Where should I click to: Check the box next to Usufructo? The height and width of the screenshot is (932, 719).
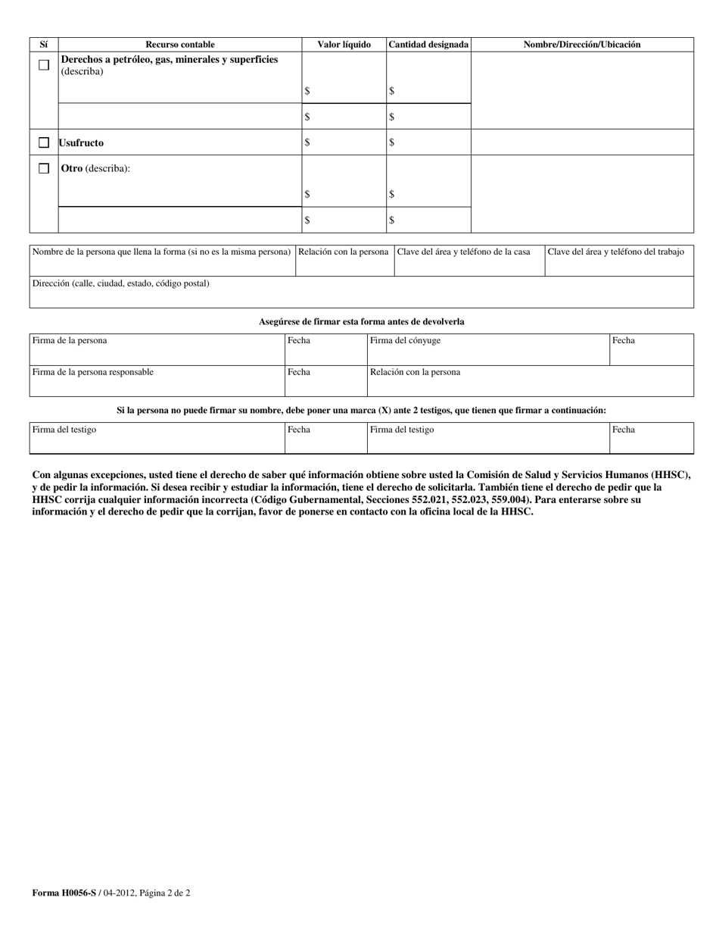pyautogui.click(x=44, y=142)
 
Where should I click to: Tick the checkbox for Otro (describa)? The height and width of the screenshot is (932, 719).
pyautogui.click(x=44, y=168)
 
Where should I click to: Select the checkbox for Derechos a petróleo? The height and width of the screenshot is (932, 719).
pyautogui.click(x=44, y=65)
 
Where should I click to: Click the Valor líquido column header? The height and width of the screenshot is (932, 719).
pyautogui.click(x=344, y=45)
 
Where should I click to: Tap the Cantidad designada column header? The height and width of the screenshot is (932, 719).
pyautogui.click(x=428, y=45)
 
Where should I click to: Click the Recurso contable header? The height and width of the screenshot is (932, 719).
pyautogui.click(x=180, y=45)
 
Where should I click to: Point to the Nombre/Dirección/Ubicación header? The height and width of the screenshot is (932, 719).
pyautogui.click(x=582, y=45)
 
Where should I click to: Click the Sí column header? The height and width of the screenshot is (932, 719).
pyautogui.click(x=44, y=45)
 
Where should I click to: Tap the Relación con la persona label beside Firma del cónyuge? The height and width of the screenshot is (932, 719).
pyautogui.click(x=415, y=372)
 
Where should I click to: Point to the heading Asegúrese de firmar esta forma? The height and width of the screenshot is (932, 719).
pyautogui.click(x=361, y=322)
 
